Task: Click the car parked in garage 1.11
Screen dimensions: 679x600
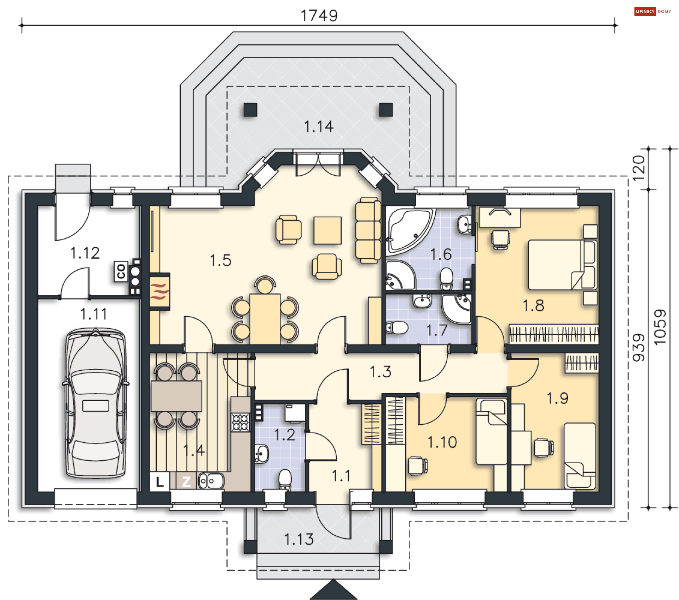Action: (x=95, y=403)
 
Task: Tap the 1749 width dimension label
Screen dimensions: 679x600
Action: (x=319, y=16)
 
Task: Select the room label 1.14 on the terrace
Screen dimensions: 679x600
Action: (x=319, y=127)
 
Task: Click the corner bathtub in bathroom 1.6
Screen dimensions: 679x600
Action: (x=410, y=231)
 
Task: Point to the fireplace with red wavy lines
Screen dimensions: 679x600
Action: (x=160, y=291)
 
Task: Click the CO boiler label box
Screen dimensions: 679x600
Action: (x=121, y=271)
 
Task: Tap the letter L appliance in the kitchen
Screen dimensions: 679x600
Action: (x=159, y=481)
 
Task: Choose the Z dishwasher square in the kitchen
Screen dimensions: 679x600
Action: (x=186, y=481)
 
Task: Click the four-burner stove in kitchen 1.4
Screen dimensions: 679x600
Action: (x=240, y=422)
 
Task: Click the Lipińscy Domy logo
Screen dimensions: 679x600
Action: (x=652, y=11)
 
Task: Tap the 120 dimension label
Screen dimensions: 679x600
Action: (x=639, y=168)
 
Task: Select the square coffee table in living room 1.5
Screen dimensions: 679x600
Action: (x=327, y=230)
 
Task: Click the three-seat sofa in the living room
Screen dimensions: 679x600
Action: (x=368, y=230)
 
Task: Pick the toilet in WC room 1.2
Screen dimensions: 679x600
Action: (x=285, y=480)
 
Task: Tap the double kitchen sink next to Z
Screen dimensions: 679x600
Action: (x=211, y=481)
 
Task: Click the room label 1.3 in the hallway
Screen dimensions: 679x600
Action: (x=380, y=372)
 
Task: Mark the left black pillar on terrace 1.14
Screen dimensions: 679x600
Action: (x=250, y=110)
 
